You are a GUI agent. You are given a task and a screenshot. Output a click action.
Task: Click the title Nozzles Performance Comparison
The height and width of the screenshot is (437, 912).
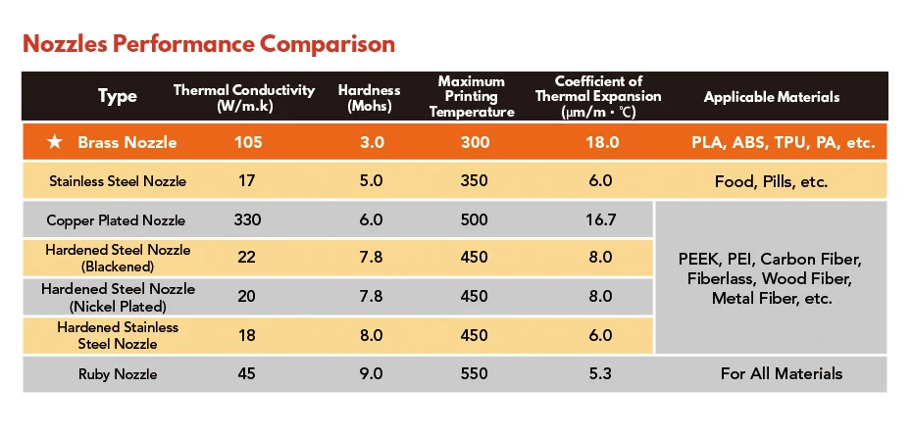(209, 44)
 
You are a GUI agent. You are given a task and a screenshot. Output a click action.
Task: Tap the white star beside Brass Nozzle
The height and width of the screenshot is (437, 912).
(55, 142)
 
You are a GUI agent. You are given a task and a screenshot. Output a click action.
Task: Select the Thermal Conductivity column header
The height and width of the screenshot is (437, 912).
(244, 98)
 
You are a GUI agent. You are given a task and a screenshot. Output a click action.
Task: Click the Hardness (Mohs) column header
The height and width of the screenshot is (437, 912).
(370, 98)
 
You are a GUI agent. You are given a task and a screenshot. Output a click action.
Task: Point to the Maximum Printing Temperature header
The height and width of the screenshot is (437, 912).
(472, 96)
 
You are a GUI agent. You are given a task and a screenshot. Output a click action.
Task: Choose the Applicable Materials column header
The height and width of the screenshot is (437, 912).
(771, 97)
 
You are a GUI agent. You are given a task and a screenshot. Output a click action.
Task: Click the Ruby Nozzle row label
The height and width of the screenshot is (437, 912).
(118, 374)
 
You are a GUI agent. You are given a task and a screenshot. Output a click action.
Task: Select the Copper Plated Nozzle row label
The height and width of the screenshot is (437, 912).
(116, 220)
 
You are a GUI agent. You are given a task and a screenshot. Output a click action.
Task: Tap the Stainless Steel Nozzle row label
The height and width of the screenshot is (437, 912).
(118, 181)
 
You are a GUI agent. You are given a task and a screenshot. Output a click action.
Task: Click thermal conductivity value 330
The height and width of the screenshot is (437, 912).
(247, 220)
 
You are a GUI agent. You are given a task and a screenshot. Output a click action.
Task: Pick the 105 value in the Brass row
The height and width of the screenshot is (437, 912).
(248, 142)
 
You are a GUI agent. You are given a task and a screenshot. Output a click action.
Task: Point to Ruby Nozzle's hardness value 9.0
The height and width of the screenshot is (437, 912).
(371, 373)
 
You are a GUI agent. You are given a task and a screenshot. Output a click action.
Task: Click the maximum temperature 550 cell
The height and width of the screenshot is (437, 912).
(475, 373)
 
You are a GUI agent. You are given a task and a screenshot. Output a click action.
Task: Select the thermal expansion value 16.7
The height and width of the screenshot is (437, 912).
(599, 220)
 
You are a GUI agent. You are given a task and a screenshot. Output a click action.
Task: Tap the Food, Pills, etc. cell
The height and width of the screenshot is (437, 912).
(771, 182)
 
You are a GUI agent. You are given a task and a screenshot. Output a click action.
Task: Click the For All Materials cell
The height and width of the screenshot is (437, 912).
(782, 373)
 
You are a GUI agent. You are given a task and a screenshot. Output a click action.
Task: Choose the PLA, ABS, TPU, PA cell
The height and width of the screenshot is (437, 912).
(783, 143)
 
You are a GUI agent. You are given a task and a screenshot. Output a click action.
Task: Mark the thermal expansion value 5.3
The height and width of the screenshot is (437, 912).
(599, 373)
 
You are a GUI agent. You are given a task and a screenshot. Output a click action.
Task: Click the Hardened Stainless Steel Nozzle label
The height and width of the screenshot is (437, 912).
(118, 336)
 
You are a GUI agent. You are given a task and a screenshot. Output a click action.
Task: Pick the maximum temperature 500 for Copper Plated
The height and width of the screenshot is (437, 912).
(475, 220)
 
